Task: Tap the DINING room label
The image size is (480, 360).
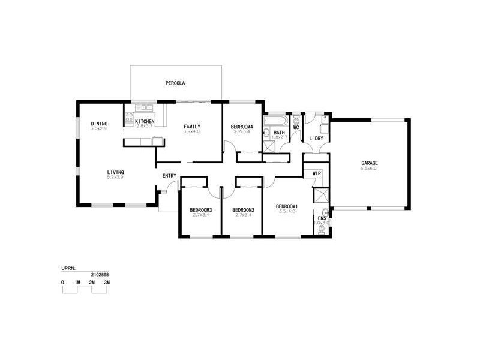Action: [99, 124]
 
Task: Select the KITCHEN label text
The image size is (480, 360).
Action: [145, 121]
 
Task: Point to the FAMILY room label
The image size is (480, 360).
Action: [192, 126]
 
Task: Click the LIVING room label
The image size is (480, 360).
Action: [116, 172]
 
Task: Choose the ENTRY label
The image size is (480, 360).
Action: [169, 176]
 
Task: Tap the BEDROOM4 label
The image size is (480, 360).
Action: [241, 127]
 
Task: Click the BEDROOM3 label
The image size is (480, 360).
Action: [201, 209]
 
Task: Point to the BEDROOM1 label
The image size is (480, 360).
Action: [286, 206]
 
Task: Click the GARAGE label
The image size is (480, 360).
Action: [369, 163]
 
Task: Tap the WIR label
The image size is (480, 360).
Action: [317, 173]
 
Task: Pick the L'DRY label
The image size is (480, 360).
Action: [316, 139]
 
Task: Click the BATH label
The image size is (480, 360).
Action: [279, 133]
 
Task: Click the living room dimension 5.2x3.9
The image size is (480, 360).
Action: [116, 178]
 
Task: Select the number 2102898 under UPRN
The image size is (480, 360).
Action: [100, 274]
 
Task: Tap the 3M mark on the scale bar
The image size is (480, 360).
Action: [107, 281]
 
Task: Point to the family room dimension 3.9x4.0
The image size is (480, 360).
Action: [192, 131]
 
